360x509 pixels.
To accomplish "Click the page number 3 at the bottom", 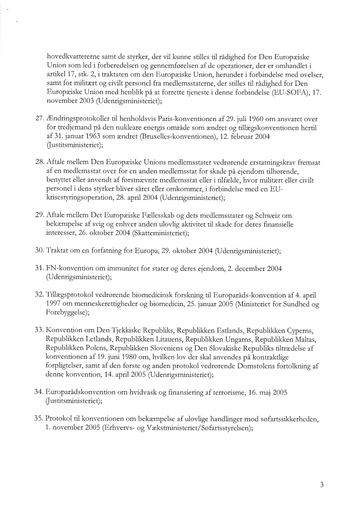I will [x=322, y=485].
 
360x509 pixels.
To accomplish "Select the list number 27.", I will [x=39, y=119].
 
